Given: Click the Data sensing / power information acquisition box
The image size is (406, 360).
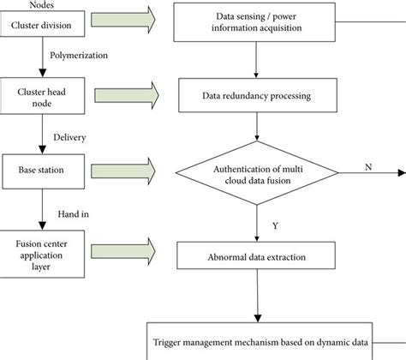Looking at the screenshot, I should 258,23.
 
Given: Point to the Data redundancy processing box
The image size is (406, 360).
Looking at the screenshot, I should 258,95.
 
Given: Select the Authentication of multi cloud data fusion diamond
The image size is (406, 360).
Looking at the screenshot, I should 258,171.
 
